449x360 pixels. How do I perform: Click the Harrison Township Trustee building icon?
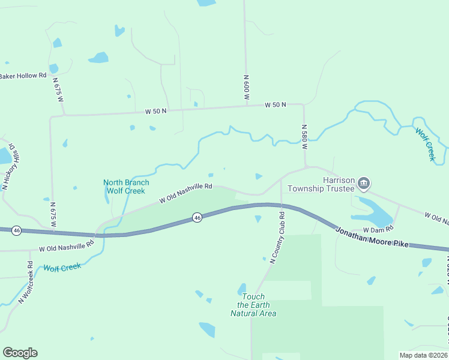tap(363, 182)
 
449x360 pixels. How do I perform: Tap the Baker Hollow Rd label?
tap(23, 76)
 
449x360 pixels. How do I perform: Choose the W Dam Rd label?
tap(378, 229)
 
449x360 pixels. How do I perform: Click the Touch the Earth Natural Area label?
tap(253, 305)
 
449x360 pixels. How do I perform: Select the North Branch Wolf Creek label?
tap(126, 187)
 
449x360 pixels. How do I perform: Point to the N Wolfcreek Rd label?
tap(25, 281)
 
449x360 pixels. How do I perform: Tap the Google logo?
tap(20, 353)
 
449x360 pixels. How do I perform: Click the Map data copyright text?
tap(424, 355)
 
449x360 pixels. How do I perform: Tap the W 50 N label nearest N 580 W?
tap(276, 104)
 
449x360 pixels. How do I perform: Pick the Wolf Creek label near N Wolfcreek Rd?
tap(62, 267)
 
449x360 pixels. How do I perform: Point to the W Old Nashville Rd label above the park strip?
tap(186, 194)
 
